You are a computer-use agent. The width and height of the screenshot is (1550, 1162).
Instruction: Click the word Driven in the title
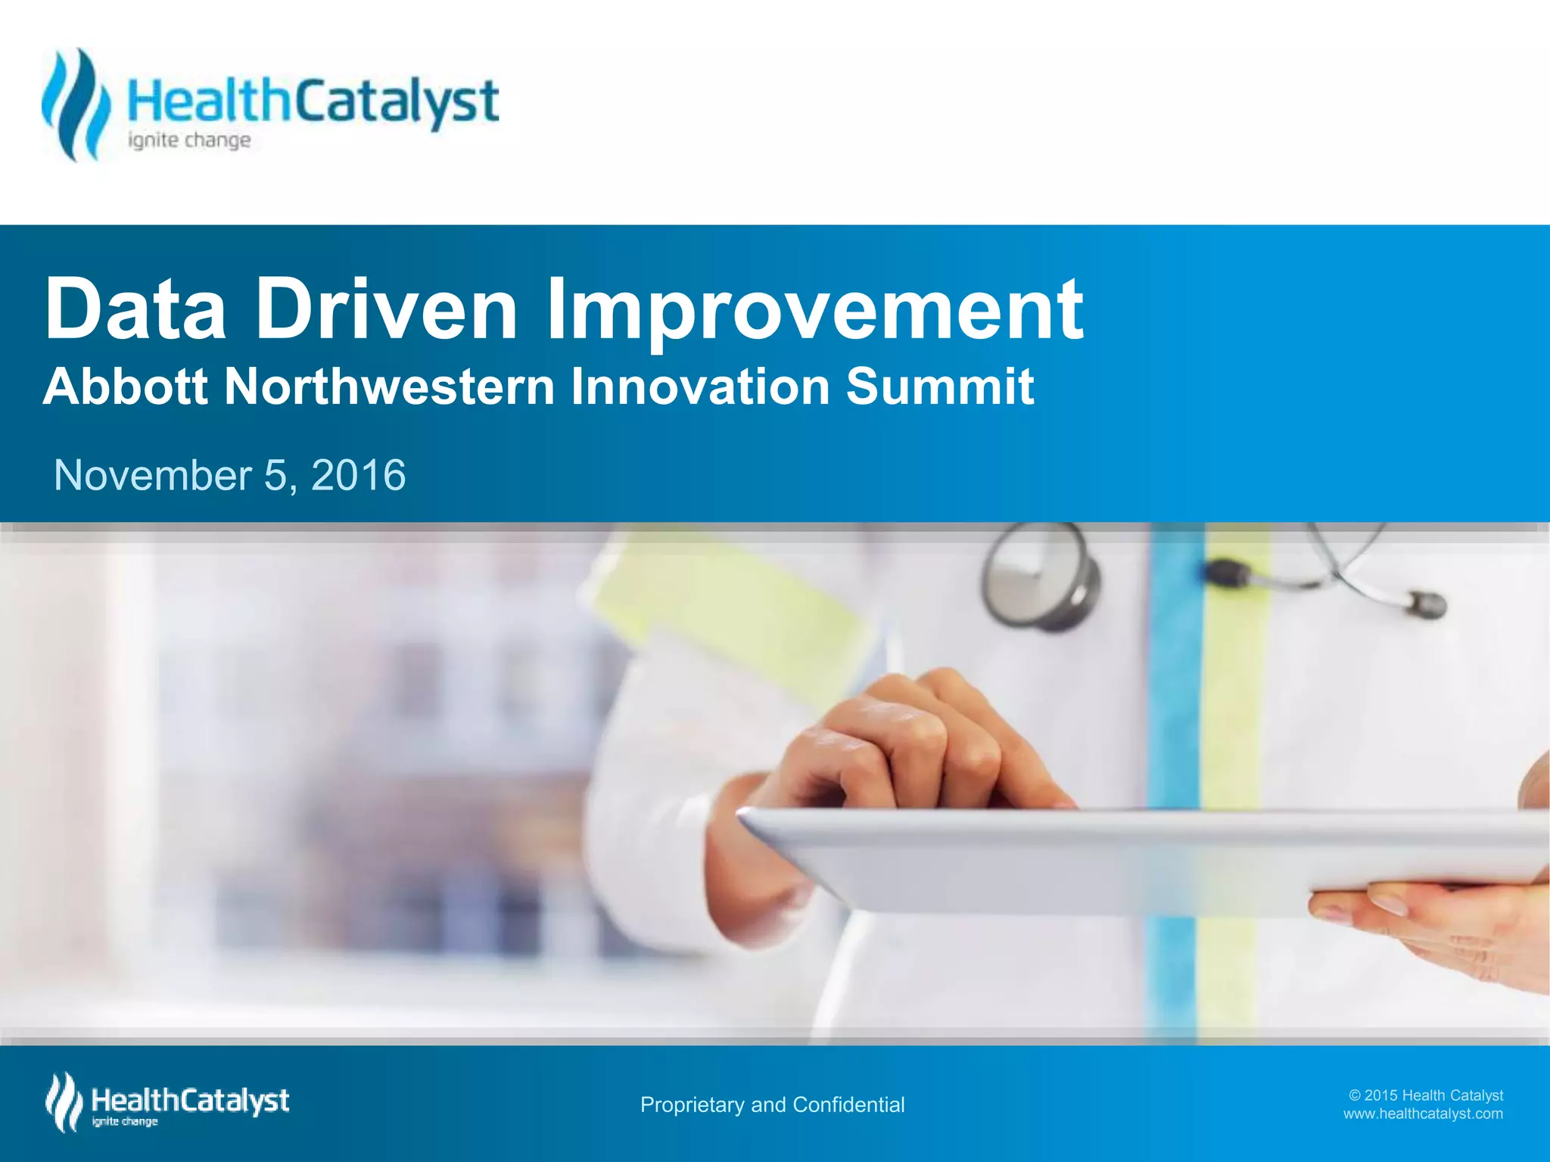[x=387, y=309]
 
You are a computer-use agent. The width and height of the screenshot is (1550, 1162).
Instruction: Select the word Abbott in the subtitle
[x=126, y=387]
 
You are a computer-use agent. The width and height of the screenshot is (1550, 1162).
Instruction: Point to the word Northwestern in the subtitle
[x=390, y=387]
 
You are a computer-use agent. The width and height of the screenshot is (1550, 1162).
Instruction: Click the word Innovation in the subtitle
[x=700, y=387]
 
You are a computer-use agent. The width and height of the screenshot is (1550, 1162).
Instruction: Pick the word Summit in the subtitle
[x=939, y=387]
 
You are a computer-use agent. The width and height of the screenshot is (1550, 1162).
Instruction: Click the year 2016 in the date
[x=358, y=476]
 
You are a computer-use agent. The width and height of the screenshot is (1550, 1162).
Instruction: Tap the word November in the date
[x=153, y=476]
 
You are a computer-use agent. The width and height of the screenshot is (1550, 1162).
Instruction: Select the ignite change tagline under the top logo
[x=189, y=141]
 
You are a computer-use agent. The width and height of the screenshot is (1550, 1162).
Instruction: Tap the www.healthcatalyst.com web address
[x=1423, y=1114]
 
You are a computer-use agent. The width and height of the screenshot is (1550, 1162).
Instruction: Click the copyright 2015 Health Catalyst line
[x=1426, y=1095]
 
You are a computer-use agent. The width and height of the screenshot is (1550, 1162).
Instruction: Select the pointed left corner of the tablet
[x=745, y=814]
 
